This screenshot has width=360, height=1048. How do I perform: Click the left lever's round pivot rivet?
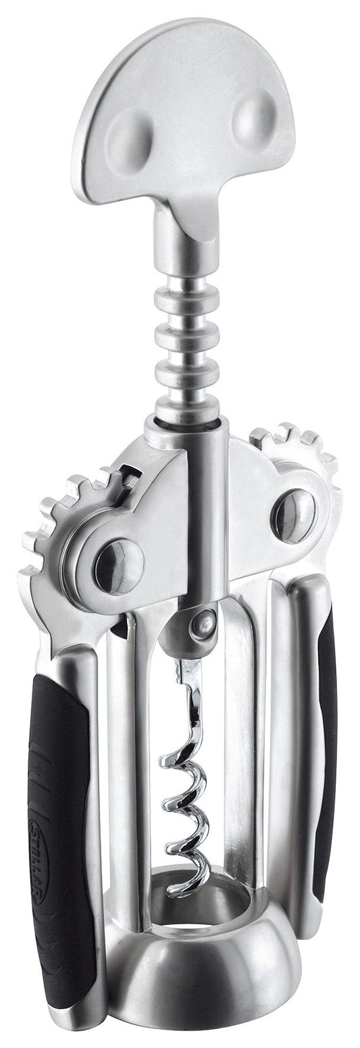(119, 565)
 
